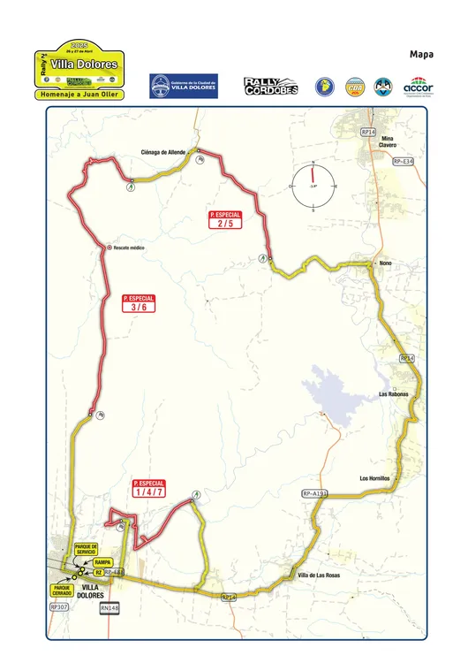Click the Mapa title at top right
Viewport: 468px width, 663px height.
click(419, 55)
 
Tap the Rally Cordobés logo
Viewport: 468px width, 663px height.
click(268, 86)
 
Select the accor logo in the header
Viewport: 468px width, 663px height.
click(417, 86)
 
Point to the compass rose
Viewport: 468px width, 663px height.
click(313, 187)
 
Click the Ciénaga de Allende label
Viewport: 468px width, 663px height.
click(163, 152)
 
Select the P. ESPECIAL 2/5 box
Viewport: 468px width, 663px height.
click(225, 220)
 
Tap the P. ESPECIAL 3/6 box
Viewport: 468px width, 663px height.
click(139, 304)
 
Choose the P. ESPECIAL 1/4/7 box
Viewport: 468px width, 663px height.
click(149, 489)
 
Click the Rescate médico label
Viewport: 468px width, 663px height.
click(129, 248)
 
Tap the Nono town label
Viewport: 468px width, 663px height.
click(384, 263)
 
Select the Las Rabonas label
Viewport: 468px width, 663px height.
click(393, 393)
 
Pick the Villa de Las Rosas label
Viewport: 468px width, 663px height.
click(319, 575)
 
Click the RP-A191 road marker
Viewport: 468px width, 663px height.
click(314, 493)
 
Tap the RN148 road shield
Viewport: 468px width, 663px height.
click(109, 608)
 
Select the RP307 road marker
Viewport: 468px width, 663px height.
click(59, 608)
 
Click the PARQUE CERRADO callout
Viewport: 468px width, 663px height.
click(61, 588)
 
